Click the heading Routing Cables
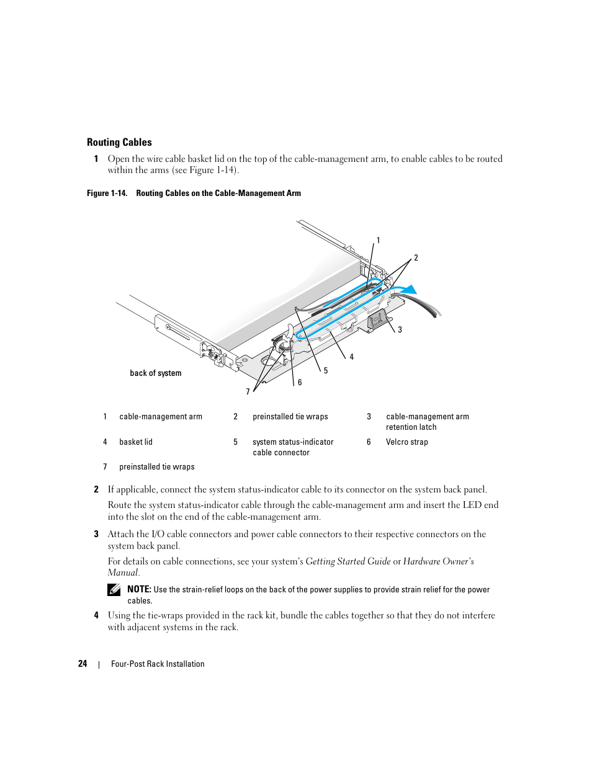click(119, 142)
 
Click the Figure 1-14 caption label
click(107, 194)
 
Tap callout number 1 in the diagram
click(379, 241)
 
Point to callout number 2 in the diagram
click(416, 258)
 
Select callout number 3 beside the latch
click(400, 330)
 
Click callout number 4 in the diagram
click(352, 357)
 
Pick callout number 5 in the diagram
click(326, 371)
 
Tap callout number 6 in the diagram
click(300, 383)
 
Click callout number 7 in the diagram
click(248, 392)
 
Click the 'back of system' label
click(156, 373)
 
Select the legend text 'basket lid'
click(136, 442)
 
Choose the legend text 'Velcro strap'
click(407, 442)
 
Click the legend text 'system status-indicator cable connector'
click(293, 447)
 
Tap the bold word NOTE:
click(139, 589)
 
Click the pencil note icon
click(114, 590)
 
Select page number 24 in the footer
click(83, 664)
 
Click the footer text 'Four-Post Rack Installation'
click(158, 664)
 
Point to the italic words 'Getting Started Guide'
click(348, 561)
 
